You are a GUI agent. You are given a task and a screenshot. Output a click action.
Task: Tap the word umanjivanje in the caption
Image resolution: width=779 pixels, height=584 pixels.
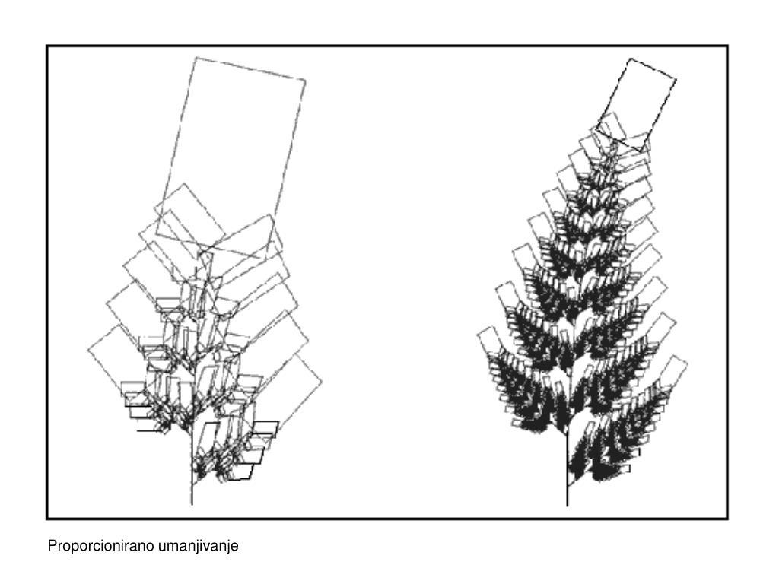199,546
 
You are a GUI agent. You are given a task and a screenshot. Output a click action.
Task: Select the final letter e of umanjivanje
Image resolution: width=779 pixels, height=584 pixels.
235,547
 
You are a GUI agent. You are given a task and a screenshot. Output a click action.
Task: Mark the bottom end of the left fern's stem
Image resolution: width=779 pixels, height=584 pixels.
192,505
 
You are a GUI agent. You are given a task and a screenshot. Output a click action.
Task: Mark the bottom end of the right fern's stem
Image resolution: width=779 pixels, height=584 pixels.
568,506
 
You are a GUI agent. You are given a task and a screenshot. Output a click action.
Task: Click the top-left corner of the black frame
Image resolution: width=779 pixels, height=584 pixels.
46,46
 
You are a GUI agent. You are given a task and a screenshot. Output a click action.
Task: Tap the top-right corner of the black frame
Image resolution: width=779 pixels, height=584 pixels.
727,46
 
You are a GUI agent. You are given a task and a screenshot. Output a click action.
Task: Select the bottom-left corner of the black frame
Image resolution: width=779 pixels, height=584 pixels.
46,519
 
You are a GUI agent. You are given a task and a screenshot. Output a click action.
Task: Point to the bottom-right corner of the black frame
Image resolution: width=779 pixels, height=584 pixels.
727,519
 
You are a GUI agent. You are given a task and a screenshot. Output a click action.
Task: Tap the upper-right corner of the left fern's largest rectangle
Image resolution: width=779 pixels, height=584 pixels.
305,80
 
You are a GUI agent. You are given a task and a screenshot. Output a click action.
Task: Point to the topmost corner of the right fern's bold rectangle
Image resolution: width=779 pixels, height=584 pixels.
630,59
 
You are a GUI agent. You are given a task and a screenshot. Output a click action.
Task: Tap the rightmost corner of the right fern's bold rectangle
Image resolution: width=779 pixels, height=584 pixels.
676,78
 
